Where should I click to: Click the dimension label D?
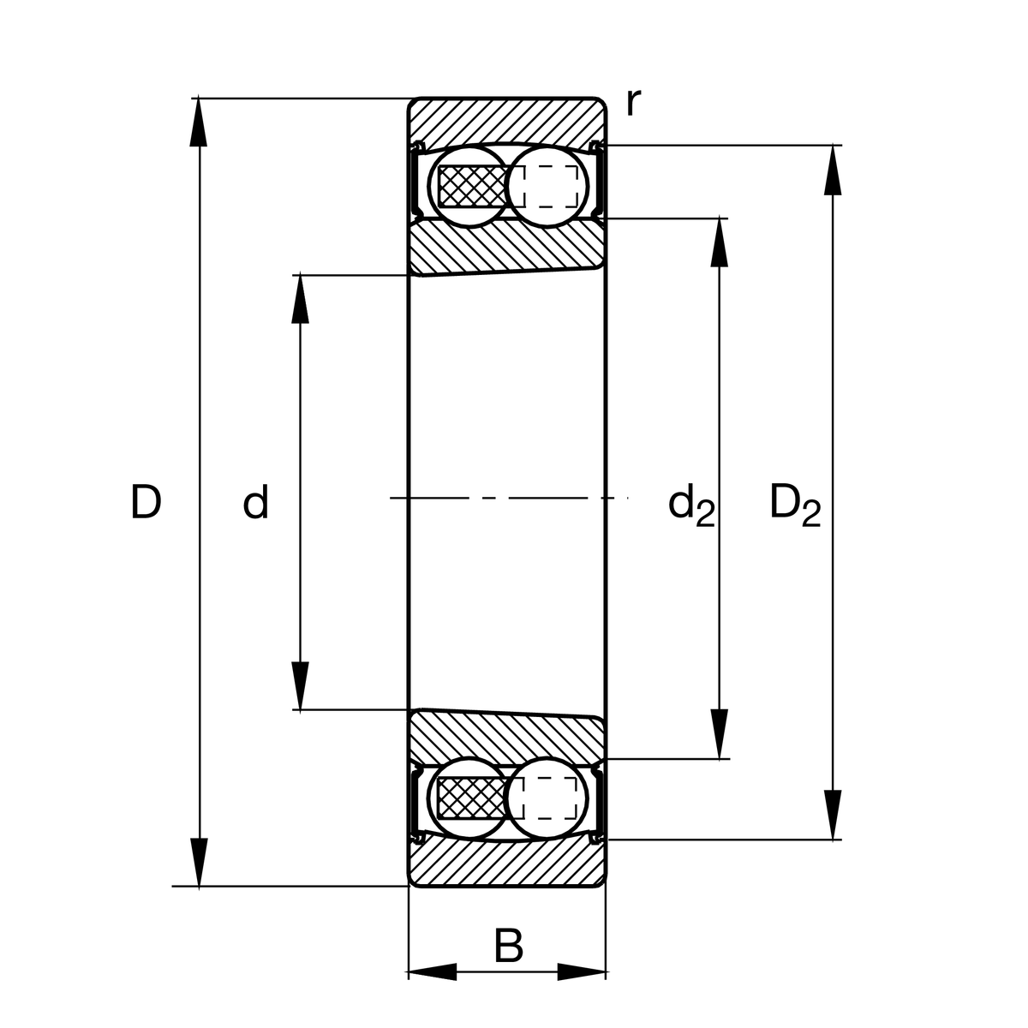(146, 502)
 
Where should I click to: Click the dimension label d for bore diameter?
(255, 502)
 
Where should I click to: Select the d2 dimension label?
(690, 505)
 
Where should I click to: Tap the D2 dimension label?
(794, 504)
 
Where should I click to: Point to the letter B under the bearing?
(508, 947)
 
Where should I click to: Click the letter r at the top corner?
(632, 103)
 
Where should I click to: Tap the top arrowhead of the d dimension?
(300, 300)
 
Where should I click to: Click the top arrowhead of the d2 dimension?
(720, 244)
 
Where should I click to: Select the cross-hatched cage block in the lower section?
(471, 798)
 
